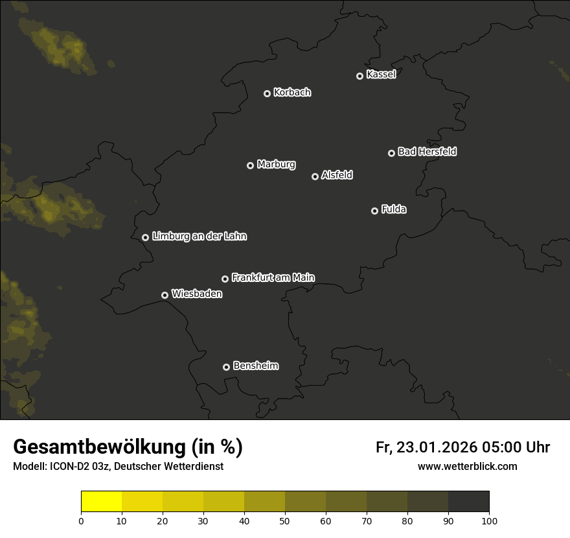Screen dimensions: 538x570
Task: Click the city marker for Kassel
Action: [359, 76]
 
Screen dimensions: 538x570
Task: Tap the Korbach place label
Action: [292, 93]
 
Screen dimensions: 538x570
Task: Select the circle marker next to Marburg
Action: [250, 165]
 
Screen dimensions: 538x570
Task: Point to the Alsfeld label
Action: [337, 176]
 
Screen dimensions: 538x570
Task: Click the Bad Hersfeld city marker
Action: [391, 153]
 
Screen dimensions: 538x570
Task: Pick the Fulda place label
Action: [394, 210]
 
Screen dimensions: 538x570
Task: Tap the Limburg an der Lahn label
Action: [199, 237]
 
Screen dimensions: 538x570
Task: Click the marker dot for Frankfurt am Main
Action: [225, 279]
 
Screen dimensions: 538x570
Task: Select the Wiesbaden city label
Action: [197, 294]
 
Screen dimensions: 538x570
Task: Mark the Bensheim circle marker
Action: [226, 367]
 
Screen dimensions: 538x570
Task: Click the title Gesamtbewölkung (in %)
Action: [128, 447]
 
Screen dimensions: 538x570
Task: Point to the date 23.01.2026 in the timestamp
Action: [437, 447]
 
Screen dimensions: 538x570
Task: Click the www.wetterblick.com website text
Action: [467, 466]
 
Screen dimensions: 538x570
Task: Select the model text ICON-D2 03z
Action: [79, 467]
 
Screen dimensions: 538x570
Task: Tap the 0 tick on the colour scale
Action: [81, 520]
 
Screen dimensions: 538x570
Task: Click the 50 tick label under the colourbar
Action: [285, 520]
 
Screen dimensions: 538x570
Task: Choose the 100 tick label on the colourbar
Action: [489, 520]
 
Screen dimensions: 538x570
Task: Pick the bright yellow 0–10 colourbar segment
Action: [102, 502]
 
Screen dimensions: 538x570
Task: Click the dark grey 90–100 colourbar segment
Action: [468, 502]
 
